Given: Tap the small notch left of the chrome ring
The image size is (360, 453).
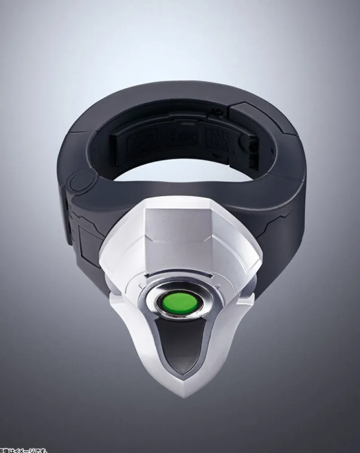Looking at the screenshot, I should tap(142, 286).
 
